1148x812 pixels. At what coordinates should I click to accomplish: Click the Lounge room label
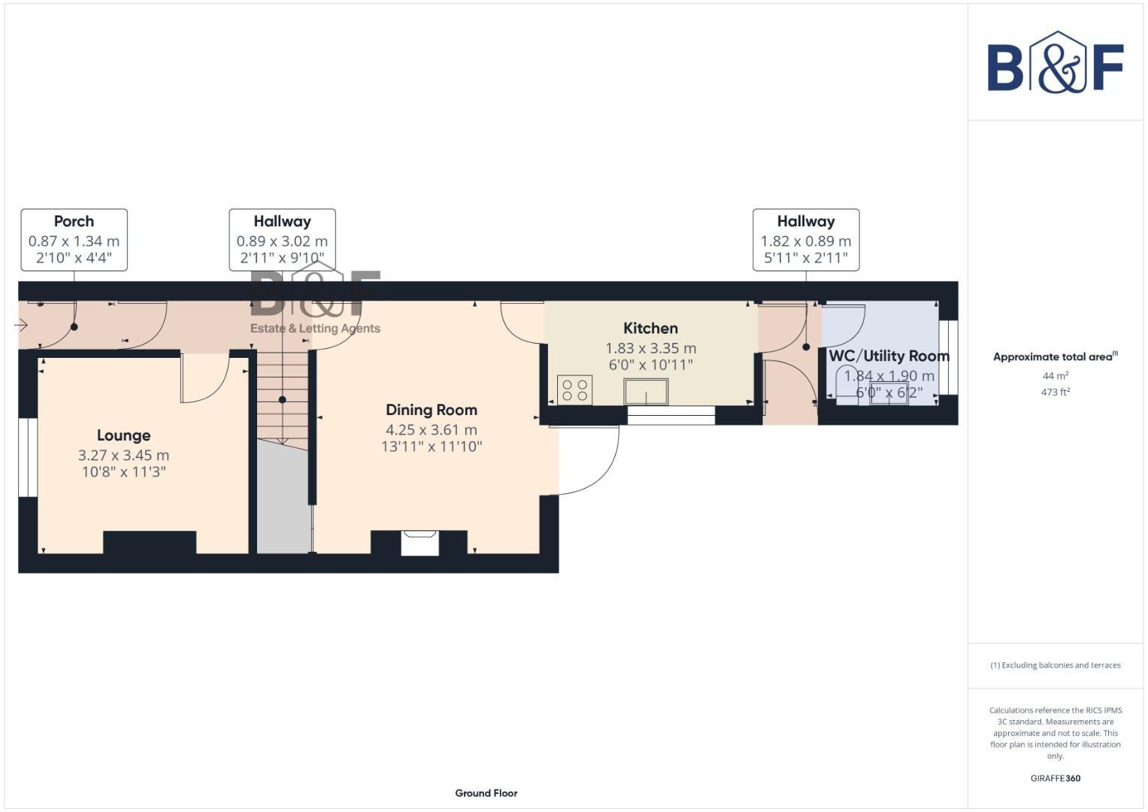(x=123, y=435)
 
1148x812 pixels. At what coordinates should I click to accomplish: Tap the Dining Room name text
(x=431, y=410)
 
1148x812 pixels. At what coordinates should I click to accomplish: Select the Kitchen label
(x=650, y=329)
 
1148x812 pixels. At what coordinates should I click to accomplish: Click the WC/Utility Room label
(x=889, y=356)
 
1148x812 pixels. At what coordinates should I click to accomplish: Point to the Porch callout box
(x=74, y=240)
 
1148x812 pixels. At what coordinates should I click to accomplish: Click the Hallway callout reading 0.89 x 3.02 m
(x=282, y=240)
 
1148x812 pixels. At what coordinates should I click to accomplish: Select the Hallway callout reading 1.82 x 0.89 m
(x=805, y=240)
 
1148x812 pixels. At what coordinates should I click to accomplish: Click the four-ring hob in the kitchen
(x=575, y=390)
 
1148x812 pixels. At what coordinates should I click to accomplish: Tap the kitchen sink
(x=646, y=392)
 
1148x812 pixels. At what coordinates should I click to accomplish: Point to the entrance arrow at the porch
(x=21, y=326)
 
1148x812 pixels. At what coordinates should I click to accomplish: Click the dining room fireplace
(x=420, y=543)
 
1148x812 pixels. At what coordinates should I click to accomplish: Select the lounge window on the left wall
(x=28, y=457)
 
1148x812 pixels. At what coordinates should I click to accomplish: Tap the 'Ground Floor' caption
(x=486, y=792)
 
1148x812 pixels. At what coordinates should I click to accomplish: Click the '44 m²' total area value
(x=1055, y=376)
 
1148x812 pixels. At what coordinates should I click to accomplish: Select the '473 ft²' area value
(x=1055, y=392)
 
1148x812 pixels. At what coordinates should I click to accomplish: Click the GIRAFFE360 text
(x=1055, y=778)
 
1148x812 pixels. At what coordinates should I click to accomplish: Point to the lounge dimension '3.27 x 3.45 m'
(x=123, y=456)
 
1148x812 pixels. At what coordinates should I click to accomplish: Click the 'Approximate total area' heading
(x=1054, y=357)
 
